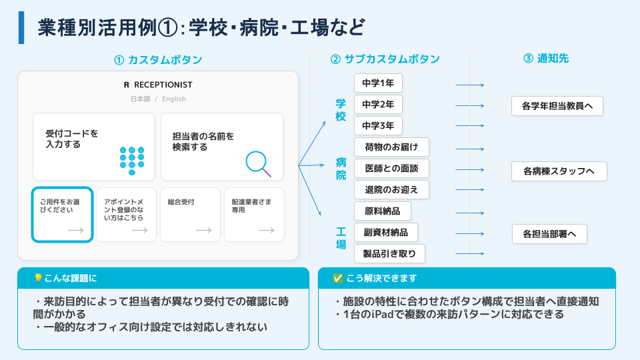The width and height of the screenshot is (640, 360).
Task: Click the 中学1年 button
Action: pyautogui.click(x=378, y=83)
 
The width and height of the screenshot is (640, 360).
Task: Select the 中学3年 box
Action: pyautogui.click(x=378, y=126)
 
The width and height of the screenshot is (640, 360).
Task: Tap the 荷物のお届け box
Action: pyautogui.click(x=391, y=147)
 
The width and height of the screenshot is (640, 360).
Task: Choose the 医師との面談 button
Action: pyautogui.click(x=391, y=168)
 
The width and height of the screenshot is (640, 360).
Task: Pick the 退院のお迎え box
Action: pyautogui.click(x=391, y=190)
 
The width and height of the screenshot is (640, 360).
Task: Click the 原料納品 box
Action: pyautogui.click(x=383, y=211)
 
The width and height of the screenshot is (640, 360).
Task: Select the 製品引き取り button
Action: pyautogui.click(x=389, y=254)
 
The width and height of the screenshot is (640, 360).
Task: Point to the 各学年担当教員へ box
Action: pyautogui.click(x=557, y=106)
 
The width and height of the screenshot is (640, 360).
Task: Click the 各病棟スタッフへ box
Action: pyautogui.click(x=559, y=171)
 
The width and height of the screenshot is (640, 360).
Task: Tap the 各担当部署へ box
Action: pyautogui.click(x=549, y=234)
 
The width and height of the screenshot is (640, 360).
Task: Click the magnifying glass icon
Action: pyautogui.click(x=257, y=163)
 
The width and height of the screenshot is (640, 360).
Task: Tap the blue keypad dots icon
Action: pyautogui.click(x=132, y=161)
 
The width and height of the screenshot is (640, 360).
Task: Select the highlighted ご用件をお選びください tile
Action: pyautogui.click(x=63, y=215)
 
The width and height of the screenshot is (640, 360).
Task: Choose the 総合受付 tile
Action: pyautogui.click(x=190, y=215)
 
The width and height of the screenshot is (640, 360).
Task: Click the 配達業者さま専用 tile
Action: pyautogui.click(x=254, y=215)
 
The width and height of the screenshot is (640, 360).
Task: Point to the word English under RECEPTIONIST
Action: pyautogui.click(x=174, y=99)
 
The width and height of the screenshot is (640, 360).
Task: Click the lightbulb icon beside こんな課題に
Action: pyautogui.click(x=39, y=278)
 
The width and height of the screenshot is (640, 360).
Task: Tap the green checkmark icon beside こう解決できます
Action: pyautogui.click(x=337, y=279)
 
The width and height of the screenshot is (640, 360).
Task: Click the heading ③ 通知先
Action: pyautogui.click(x=546, y=59)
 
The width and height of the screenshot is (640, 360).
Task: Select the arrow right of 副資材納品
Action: pyautogui.click(x=470, y=234)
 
